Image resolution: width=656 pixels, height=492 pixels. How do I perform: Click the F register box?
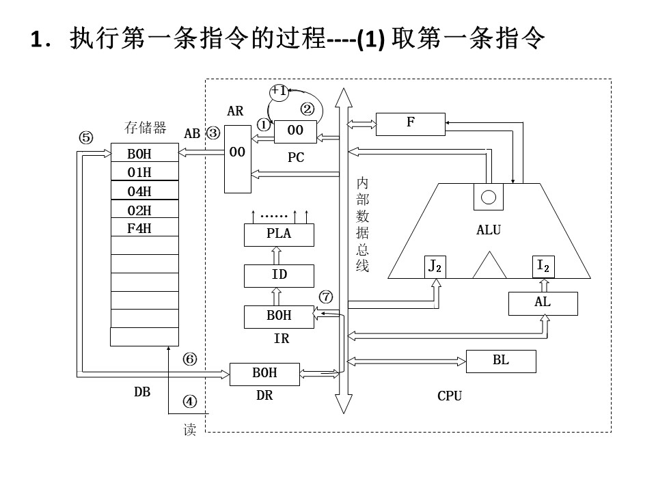click(411, 124)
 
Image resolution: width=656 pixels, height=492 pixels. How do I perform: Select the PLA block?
click(279, 234)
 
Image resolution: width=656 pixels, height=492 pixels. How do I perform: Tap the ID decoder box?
click(279, 275)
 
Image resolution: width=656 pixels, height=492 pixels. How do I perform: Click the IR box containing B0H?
click(279, 316)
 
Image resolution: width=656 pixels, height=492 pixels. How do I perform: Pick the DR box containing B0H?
click(265, 374)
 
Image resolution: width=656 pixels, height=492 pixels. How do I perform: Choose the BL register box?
click(501, 361)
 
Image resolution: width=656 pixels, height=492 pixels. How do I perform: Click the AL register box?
click(543, 303)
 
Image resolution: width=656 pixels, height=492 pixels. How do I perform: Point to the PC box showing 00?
click(295, 132)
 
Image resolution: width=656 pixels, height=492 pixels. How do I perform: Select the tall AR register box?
click(238, 159)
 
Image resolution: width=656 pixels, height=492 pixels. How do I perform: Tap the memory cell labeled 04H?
click(145, 190)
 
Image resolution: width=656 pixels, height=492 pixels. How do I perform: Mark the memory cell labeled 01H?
click(145, 171)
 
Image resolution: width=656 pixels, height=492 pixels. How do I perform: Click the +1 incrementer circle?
click(279, 92)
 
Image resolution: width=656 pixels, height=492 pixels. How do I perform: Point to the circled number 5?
click(86, 137)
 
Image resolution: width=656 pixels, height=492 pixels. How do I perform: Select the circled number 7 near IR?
click(326, 297)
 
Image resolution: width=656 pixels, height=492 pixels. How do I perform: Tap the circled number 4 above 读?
click(190, 402)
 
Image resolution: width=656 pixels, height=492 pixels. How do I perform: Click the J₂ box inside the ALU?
click(435, 267)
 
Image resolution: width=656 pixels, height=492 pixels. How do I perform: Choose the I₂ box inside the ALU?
click(543, 267)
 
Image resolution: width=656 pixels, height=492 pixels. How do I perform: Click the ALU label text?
click(489, 230)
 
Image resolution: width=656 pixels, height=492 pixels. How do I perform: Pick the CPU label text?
click(450, 396)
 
